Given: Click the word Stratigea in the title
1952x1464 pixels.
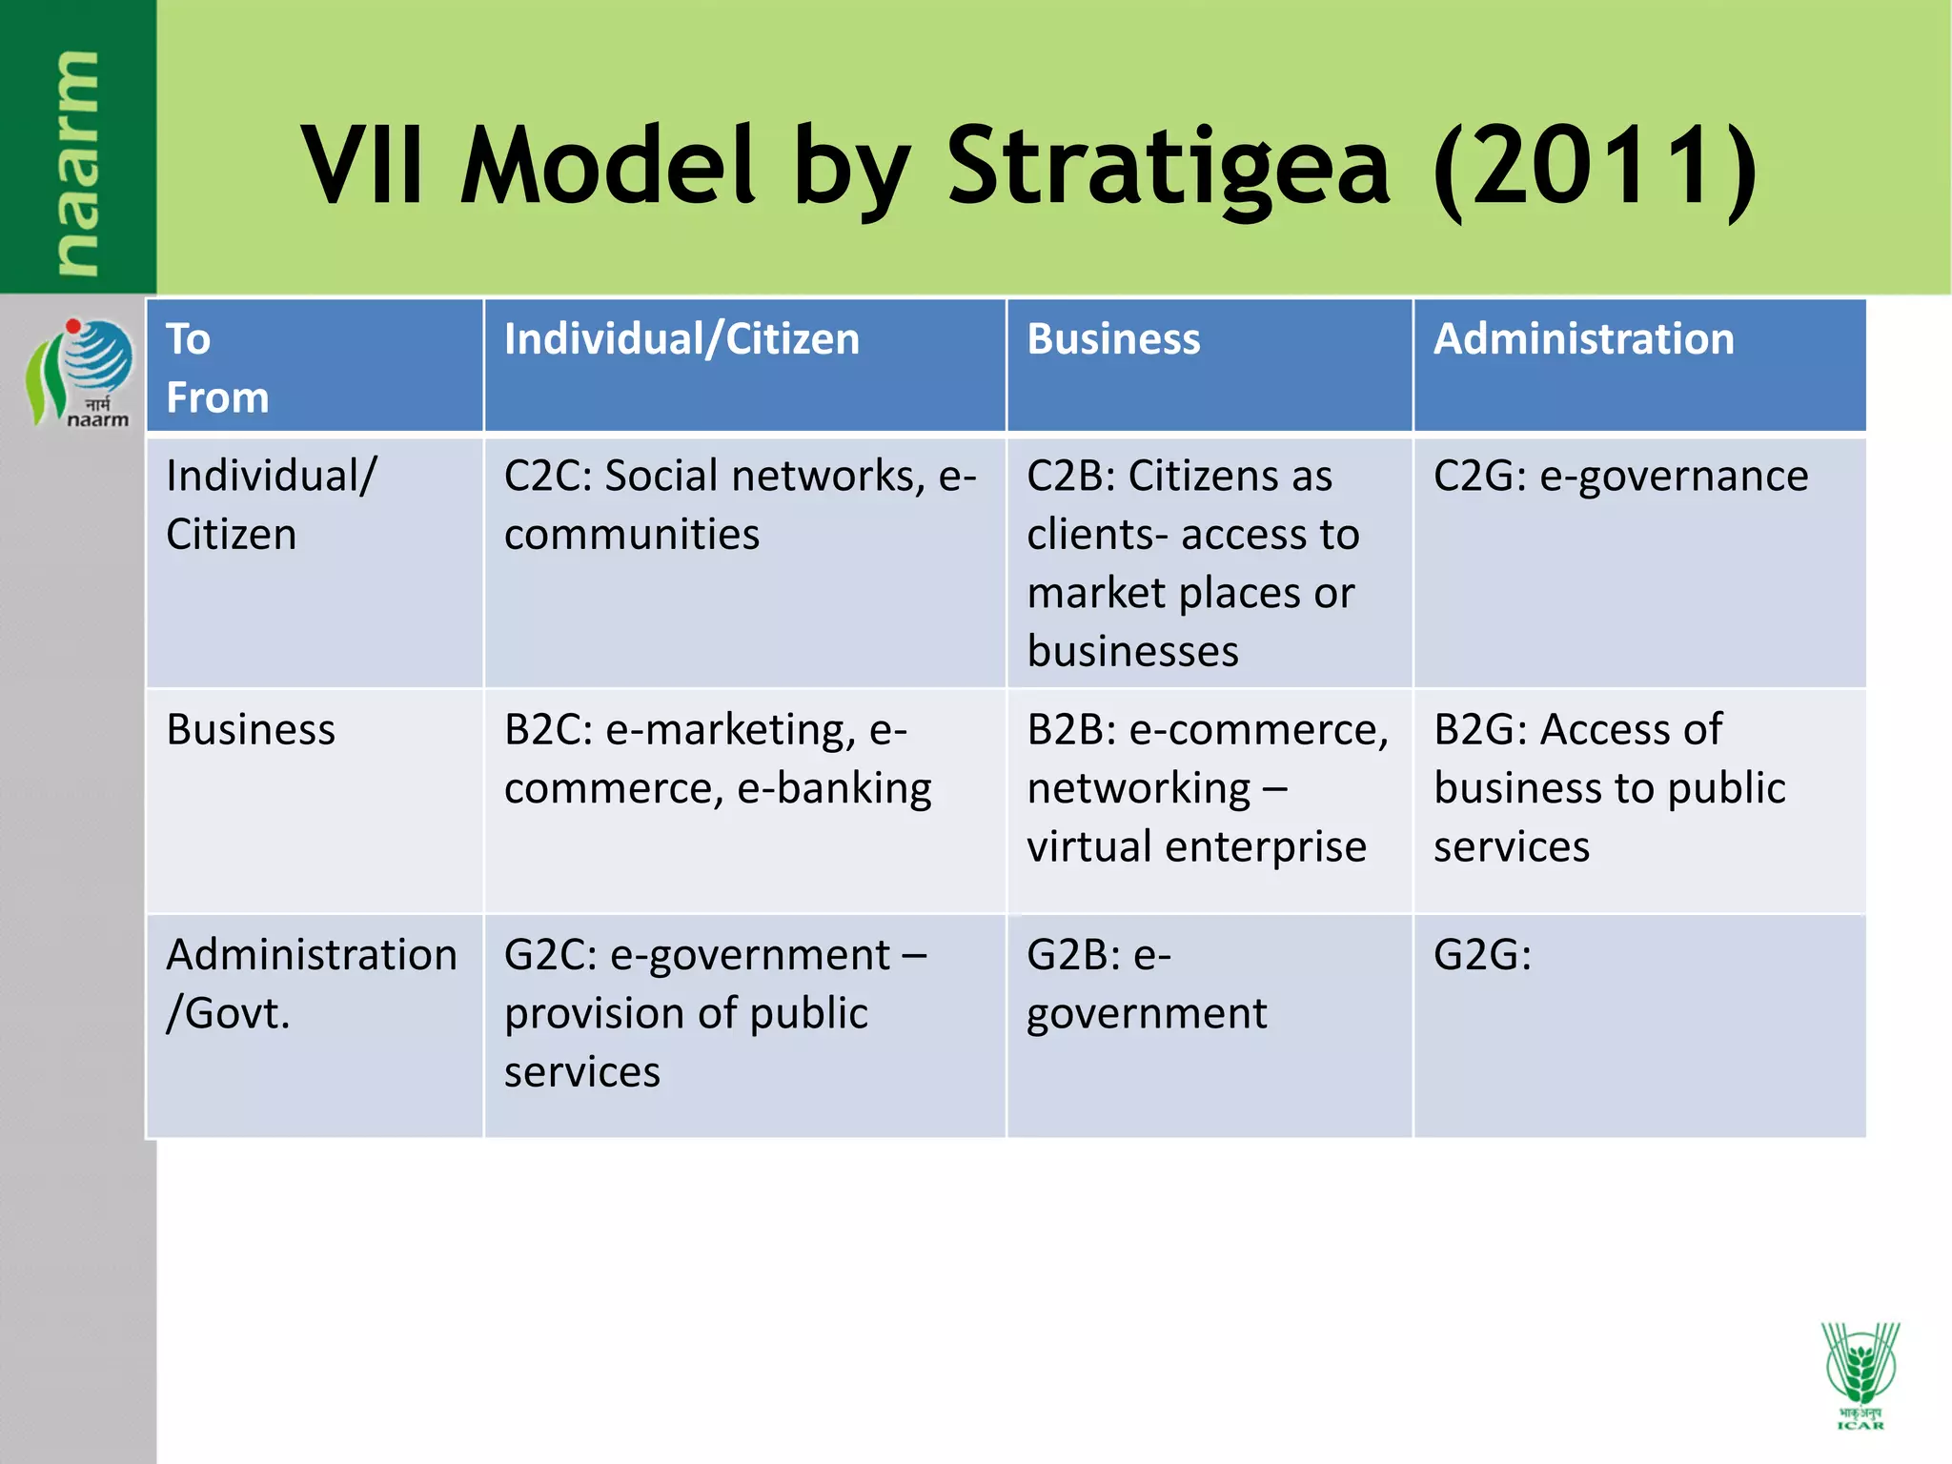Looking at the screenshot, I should pos(1169,168).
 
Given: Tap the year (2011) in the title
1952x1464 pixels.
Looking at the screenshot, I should pos(1595,168).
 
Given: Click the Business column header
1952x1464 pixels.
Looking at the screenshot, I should pos(1113,339).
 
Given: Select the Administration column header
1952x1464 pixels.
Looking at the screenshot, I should pos(1583,339).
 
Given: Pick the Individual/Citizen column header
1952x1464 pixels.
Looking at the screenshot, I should pos(681,339).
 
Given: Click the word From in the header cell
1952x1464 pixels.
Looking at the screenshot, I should pos(217,398).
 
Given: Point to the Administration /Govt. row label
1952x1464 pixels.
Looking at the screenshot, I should pos(311,984).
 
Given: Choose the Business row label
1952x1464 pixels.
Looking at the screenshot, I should pos(251,730).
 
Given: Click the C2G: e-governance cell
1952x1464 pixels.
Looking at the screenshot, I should pos(1620,477).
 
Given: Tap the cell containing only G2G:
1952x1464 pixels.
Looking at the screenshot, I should pos(1482,955).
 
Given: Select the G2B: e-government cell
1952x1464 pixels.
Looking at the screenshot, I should pos(1147,984).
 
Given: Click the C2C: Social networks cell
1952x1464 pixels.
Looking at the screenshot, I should pos(740,505).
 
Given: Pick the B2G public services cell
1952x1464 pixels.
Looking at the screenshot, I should pos(1610,787).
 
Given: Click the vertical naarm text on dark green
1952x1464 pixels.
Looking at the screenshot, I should pos(76,162).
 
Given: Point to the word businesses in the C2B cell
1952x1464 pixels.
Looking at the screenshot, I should pos(1132,652).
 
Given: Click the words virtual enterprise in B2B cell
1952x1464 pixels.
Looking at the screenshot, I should pos(1196,846).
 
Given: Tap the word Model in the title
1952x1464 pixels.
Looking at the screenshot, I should pos(607,168).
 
